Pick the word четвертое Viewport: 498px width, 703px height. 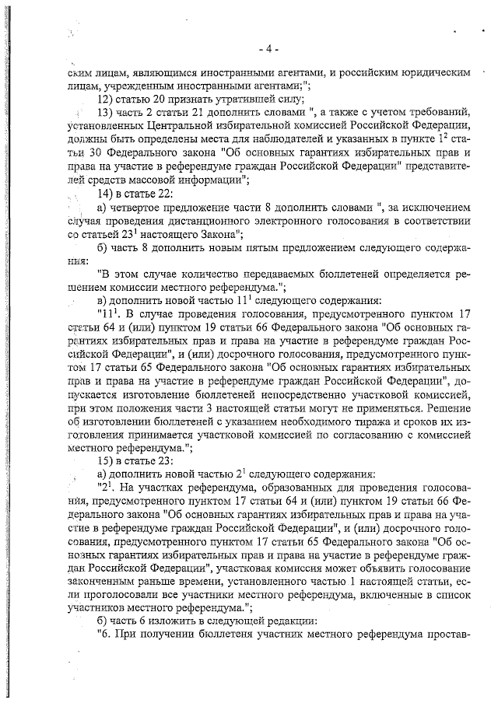145,208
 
